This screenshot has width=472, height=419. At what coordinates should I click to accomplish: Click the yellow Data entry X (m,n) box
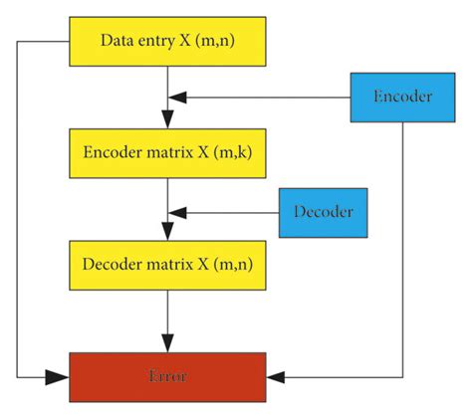[167, 41]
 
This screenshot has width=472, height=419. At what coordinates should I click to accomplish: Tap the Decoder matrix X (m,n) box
[167, 265]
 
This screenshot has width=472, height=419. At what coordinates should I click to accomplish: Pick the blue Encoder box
[402, 97]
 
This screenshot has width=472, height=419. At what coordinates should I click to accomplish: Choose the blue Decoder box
[323, 211]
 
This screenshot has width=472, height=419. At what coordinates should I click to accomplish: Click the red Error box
[167, 377]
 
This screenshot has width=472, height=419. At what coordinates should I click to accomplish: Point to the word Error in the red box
[167, 377]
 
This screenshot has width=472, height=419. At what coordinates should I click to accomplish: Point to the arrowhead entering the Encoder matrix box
[167, 120]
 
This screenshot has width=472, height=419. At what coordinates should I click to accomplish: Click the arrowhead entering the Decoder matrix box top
[167, 233]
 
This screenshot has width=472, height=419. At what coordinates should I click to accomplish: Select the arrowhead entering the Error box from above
[167, 345]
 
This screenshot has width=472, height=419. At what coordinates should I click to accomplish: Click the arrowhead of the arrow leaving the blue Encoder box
[176, 97]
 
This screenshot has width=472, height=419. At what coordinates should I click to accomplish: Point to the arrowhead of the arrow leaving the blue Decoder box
[176, 211]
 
